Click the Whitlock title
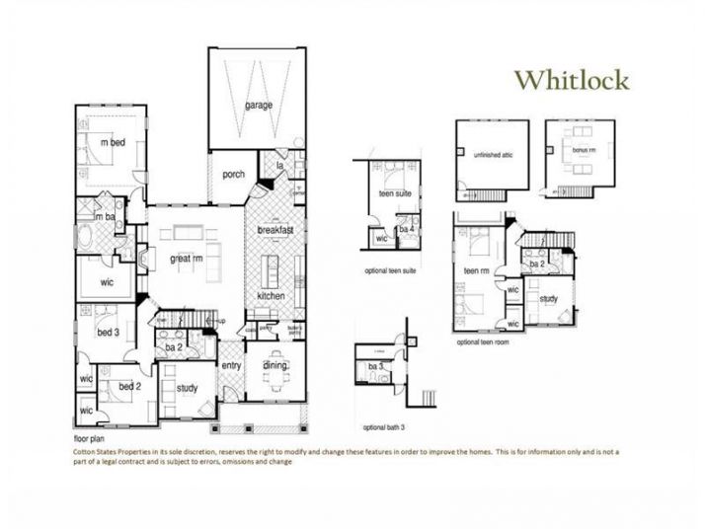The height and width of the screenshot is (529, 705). [573, 80]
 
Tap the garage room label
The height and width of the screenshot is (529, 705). [258, 105]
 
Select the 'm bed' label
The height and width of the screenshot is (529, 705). [113, 142]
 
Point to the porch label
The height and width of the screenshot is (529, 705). [233, 175]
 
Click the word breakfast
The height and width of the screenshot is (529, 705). [276, 230]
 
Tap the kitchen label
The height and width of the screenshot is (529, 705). [272, 296]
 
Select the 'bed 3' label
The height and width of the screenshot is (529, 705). [107, 333]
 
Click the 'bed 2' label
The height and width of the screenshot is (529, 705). [129, 386]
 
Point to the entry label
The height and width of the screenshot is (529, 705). [231, 365]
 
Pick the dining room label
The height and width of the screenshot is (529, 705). [274, 366]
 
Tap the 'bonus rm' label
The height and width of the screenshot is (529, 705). [577, 149]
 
